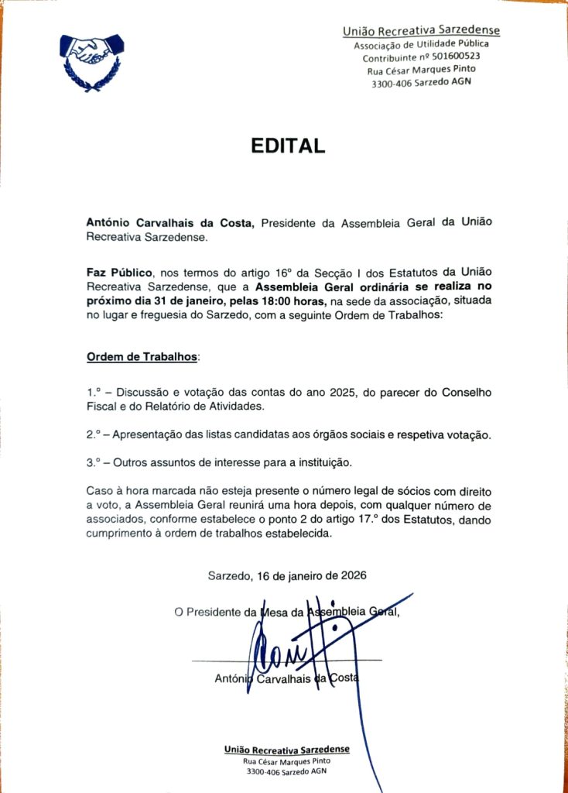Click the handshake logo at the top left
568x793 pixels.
(x=91, y=60)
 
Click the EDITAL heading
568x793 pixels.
(x=287, y=146)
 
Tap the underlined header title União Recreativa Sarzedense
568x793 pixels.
(x=421, y=31)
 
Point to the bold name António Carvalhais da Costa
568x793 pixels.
(x=169, y=223)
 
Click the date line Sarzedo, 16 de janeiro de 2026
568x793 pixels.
(x=287, y=575)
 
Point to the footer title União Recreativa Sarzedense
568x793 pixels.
(x=286, y=750)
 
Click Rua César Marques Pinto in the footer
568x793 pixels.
(x=286, y=761)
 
